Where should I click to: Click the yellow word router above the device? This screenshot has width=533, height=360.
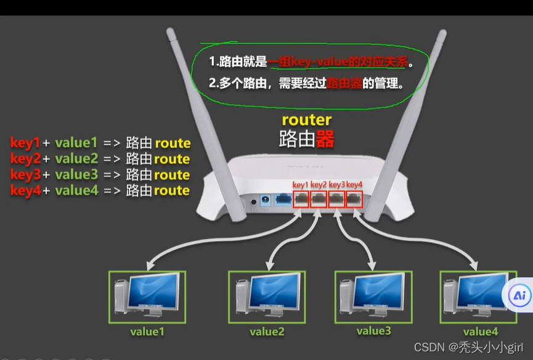pyautogui.click(x=306, y=120)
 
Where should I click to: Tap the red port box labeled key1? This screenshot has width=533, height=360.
pyautogui.click(x=300, y=199)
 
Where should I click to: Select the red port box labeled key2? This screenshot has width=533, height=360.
pyautogui.click(x=319, y=199)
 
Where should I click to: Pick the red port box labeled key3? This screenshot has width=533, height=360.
pyautogui.click(x=337, y=199)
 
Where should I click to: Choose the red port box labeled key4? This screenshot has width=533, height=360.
pyautogui.click(x=355, y=199)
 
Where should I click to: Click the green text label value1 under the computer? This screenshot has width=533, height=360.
pyautogui.click(x=147, y=332)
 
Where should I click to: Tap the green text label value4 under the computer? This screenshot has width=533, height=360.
pyautogui.click(x=480, y=332)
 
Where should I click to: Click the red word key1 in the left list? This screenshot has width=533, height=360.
pyautogui.click(x=25, y=143)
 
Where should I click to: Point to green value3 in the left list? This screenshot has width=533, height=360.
pyautogui.click(x=76, y=175)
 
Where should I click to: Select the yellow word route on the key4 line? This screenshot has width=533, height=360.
pyautogui.click(x=172, y=191)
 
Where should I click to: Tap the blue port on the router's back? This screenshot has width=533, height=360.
pyautogui.click(x=283, y=200)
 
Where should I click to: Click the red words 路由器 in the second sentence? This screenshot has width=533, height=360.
pyautogui.click(x=344, y=83)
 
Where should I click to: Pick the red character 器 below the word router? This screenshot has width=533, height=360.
pyautogui.click(x=325, y=139)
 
